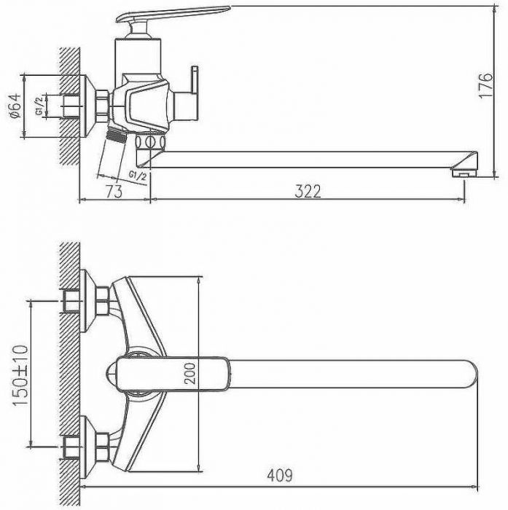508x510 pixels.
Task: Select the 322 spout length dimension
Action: [x=308, y=191]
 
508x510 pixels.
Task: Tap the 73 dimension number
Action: [x=113, y=191]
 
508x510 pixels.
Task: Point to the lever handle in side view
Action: [x=176, y=14]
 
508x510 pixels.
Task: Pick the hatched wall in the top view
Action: [x=70, y=364]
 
